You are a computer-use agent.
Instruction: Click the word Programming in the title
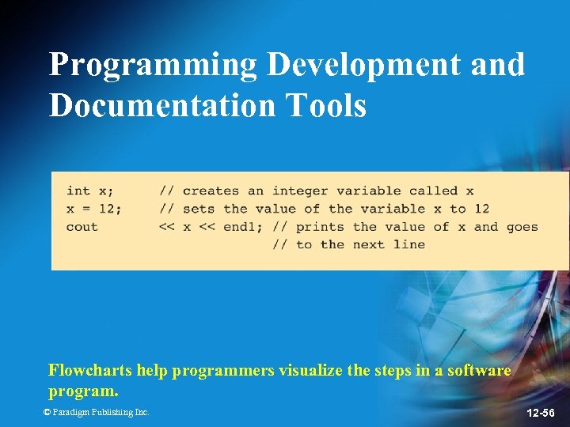click(x=153, y=65)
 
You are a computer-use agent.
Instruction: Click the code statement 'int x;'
click(x=89, y=191)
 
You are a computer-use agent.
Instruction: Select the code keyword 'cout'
click(x=82, y=227)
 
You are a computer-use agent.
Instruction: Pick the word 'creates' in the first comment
click(x=211, y=191)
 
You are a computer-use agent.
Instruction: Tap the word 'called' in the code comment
click(x=434, y=191)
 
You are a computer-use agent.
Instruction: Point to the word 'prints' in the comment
click(x=319, y=227)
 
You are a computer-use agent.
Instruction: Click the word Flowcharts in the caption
click(x=90, y=370)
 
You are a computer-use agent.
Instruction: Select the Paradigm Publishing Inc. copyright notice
click(x=96, y=412)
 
